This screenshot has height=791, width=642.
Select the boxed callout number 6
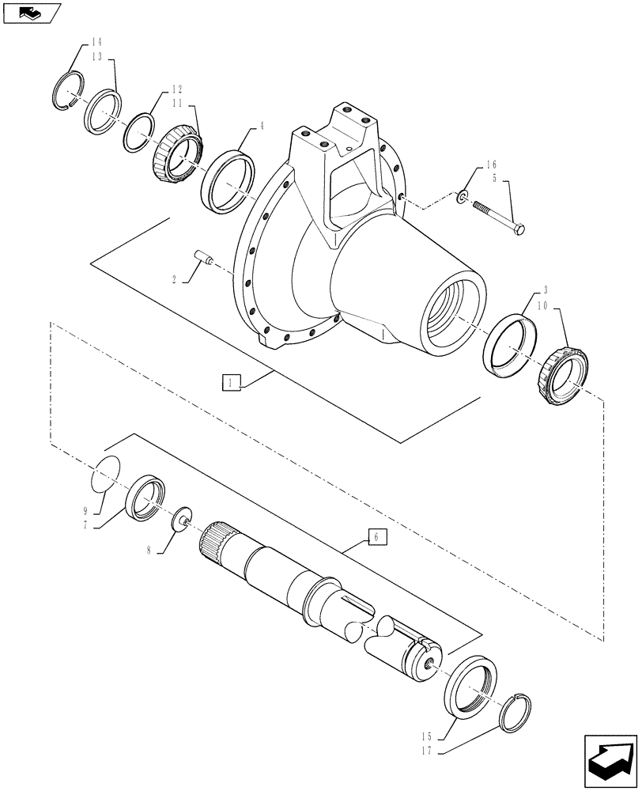(377, 537)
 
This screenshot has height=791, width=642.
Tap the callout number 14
(96, 41)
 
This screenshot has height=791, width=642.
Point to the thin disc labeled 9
(105, 475)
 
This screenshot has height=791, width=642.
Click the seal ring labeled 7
(147, 498)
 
